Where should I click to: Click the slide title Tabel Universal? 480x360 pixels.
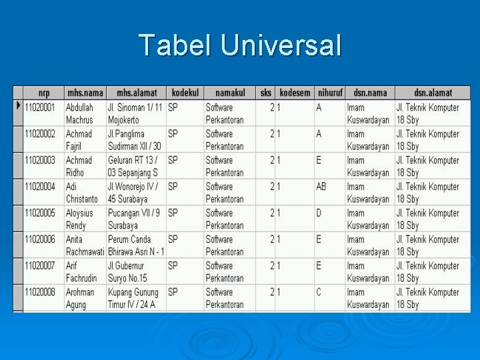240,45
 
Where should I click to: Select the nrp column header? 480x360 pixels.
44,93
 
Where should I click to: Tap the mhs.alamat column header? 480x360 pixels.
136,93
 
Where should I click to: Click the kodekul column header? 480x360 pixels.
185,93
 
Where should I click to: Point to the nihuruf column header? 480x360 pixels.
330,93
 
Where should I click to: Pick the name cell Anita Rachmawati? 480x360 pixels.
85,245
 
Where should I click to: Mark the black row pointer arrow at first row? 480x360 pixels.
18,106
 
